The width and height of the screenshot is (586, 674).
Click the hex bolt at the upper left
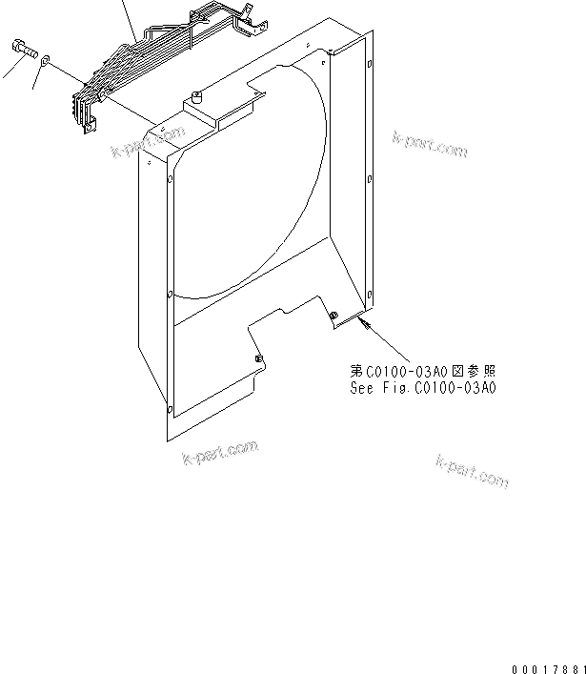coord(25,48)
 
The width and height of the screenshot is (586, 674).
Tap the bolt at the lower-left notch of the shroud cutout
coord(258,358)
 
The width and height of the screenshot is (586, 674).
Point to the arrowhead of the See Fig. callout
coord(363,324)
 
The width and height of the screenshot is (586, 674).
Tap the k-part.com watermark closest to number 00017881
coord(472,472)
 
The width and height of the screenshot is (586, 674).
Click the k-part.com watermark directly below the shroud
coord(220,453)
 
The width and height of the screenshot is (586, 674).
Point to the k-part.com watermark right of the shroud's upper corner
coord(430,143)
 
